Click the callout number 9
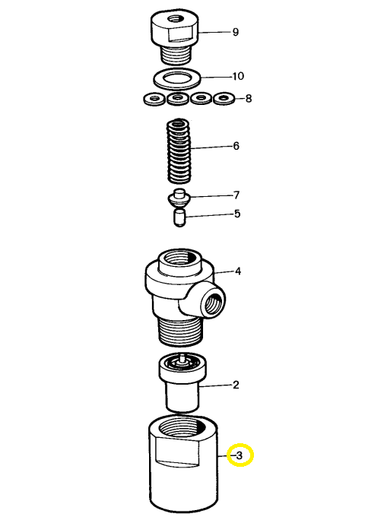pyautogui.click(x=235, y=32)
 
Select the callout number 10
pyautogui.click(x=238, y=76)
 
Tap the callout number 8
pyautogui.click(x=249, y=99)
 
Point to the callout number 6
pyautogui.click(x=236, y=146)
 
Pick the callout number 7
pyautogui.click(x=236, y=195)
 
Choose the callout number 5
pyautogui.click(x=237, y=214)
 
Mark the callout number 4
pyautogui.click(x=238, y=271)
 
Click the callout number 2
pyautogui.click(x=236, y=385)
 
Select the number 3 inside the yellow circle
pyautogui.click(x=240, y=455)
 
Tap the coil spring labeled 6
pyautogui.click(x=179, y=151)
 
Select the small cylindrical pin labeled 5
pyautogui.click(x=179, y=217)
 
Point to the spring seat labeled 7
pyautogui.click(x=179, y=198)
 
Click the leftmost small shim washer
pyautogui.click(x=154, y=99)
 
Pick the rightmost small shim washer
pyautogui.click(x=224, y=99)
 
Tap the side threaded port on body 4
pyautogui.click(x=211, y=304)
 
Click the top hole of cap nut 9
pyautogui.click(x=173, y=18)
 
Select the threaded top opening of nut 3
pyautogui.click(x=182, y=430)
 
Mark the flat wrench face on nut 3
pyautogui.click(x=178, y=451)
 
